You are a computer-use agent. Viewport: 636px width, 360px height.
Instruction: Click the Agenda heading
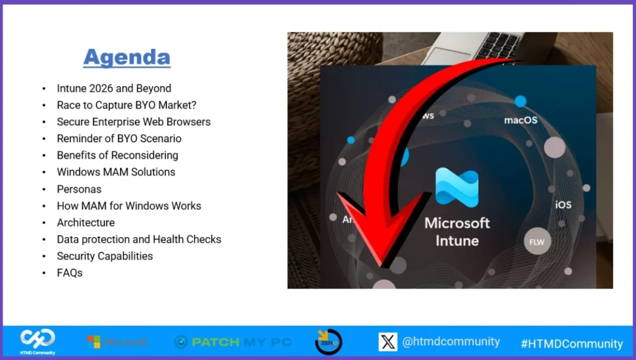[127, 57]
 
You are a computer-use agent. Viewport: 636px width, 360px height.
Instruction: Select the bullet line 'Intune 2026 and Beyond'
[114, 88]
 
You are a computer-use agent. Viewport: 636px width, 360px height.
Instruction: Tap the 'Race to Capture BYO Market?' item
[126, 105]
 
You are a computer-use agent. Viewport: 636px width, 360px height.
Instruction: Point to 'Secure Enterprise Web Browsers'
[134, 122]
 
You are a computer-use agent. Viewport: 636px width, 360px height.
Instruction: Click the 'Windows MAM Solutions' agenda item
[116, 172]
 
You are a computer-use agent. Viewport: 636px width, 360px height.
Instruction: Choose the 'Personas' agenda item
[79, 189]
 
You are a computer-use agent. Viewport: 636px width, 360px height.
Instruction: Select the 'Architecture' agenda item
[86, 222]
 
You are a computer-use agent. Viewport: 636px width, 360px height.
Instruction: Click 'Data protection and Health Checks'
[139, 239]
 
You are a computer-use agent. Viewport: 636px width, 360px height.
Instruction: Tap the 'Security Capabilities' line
[105, 256]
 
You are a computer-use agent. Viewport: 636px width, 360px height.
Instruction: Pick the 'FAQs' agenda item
[70, 272]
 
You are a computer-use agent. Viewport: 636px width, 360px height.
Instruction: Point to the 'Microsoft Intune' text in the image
[457, 231]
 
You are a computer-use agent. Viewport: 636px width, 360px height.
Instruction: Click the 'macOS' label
[520, 120]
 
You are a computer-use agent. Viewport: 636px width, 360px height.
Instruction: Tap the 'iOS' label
[563, 204]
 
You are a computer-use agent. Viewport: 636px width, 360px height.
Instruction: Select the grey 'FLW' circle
[537, 242]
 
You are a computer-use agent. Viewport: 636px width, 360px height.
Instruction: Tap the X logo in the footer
[388, 342]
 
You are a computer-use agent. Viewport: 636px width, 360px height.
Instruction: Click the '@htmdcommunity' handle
[451, 341]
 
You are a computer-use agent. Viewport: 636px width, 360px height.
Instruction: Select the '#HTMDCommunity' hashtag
[571, 343]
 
